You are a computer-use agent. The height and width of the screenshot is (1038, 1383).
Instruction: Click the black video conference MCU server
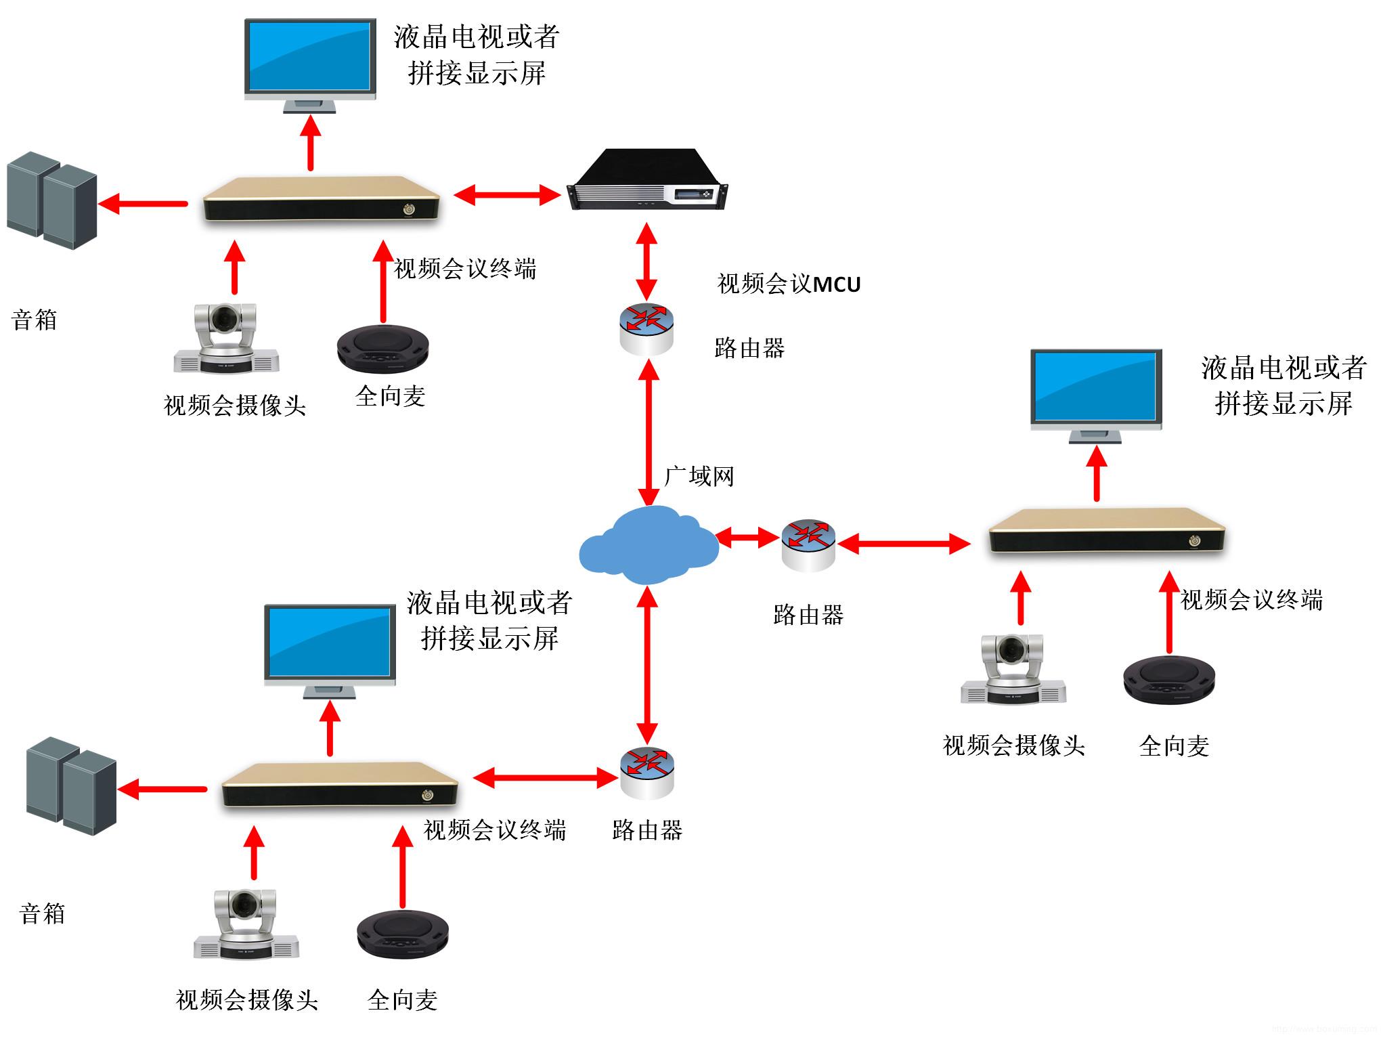click(x=647, y=179)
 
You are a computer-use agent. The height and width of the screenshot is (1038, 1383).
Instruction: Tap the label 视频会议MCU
click(x=789, y=284)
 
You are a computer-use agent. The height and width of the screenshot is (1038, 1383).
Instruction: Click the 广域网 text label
click(x=699, y=476)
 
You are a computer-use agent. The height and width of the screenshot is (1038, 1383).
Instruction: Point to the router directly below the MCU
click(x=646, y=330)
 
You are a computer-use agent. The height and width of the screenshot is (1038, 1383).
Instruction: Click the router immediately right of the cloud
click(x=808, y=546)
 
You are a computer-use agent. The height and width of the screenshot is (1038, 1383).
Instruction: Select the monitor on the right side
click(x=1096, y=396)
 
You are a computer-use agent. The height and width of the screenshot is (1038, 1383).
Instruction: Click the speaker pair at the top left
click(x=52, y=200)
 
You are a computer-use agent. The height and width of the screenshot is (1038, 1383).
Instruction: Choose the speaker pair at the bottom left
click(x=72, y=785)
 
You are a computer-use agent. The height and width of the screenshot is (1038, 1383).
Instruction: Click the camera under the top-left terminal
click(x=226, y=338)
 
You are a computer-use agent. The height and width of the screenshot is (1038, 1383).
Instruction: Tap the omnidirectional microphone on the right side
click(x=1169, y=679)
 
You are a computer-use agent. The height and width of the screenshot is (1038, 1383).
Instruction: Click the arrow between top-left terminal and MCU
click(x=507, y=195)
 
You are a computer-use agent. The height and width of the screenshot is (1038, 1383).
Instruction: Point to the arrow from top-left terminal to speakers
click(x=143, y=203)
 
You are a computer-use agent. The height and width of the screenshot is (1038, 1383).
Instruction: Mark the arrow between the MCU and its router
click(x=647, y=261)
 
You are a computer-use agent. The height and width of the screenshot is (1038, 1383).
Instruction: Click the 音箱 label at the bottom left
click(x=43, y=913)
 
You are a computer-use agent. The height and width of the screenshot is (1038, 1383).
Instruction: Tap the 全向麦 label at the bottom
click(x=403, y=1000)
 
